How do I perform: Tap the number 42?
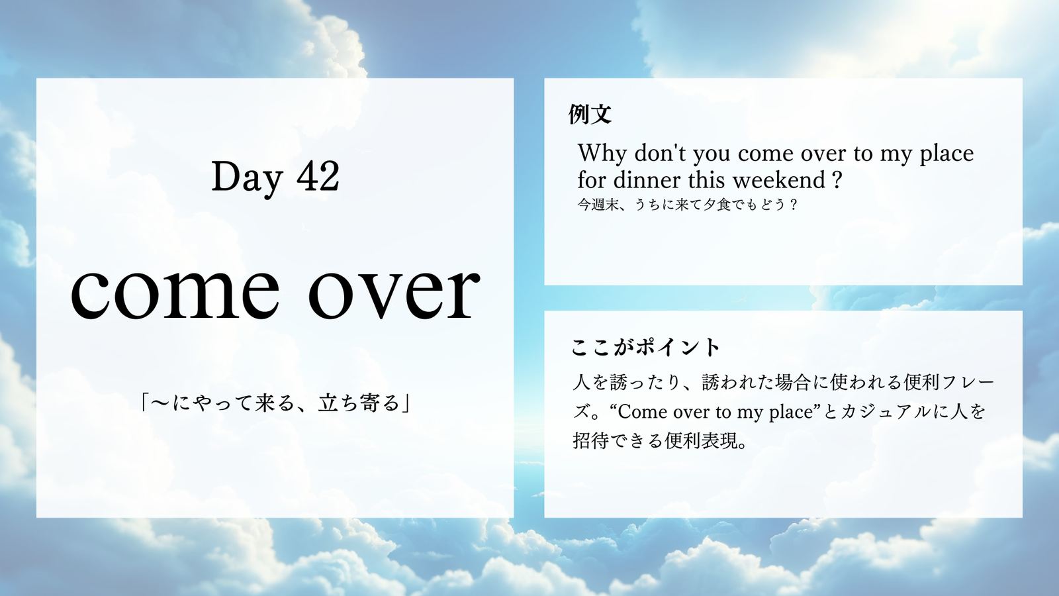coord(318,175)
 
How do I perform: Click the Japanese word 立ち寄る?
coord(359,403)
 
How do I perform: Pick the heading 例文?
coord(590,113)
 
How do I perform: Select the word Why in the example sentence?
coord(602,154)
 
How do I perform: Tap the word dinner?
coord(647,179)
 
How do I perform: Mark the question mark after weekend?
coord(837,180)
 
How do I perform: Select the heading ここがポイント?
coord(645,347)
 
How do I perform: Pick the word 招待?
coord(590,441)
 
